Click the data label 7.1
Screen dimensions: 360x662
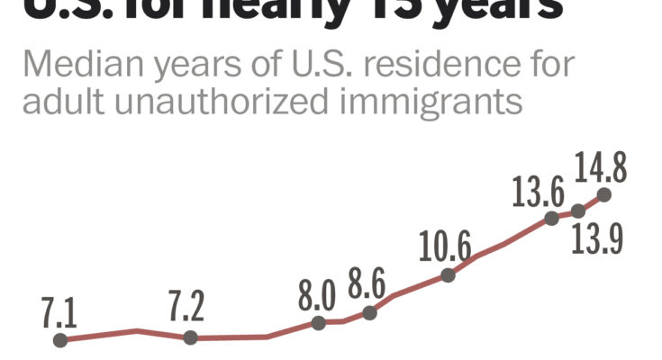point(59,314)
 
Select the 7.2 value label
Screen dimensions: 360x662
point(186,308)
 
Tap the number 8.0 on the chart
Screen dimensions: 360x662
point(317,295)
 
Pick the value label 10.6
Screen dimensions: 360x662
point(445,245)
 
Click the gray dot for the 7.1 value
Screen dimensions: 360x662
point(60,340)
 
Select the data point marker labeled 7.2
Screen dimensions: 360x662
point(190,337)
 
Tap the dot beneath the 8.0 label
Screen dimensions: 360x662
point(318,321)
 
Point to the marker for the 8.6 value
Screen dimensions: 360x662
point(368,312)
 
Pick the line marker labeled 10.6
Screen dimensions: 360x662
point(448,274)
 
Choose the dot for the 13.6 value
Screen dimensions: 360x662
point(551,218)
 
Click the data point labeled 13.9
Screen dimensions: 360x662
point(578,211)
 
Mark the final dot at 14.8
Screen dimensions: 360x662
point(603,193)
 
